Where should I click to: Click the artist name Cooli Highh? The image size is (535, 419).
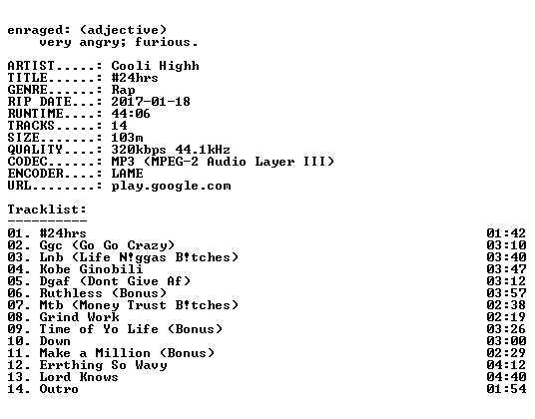(156, 66)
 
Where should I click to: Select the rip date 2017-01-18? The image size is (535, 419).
(151, 102)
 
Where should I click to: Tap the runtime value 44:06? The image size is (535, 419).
(131, 114)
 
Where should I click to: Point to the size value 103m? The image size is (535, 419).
(127, 138)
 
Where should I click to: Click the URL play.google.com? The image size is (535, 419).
(171, 186)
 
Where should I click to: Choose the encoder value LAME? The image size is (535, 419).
(127, 174)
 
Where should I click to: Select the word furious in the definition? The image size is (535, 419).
(163, 42)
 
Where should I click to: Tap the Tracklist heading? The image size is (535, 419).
(47, 209)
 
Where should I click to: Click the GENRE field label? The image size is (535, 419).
(28, 90)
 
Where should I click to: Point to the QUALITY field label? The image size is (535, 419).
(35, 150)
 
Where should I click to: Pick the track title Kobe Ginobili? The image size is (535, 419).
(91, 269)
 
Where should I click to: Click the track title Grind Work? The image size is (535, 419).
(79, 316)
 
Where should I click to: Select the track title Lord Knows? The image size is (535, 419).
(79, 377)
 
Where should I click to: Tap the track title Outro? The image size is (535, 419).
(59, 389)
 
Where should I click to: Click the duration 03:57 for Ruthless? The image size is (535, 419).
(506, 293)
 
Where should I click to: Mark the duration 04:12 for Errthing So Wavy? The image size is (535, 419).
(506, 365)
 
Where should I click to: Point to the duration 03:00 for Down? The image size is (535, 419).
(506, 341)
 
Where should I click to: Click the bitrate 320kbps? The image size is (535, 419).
(139, 150)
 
